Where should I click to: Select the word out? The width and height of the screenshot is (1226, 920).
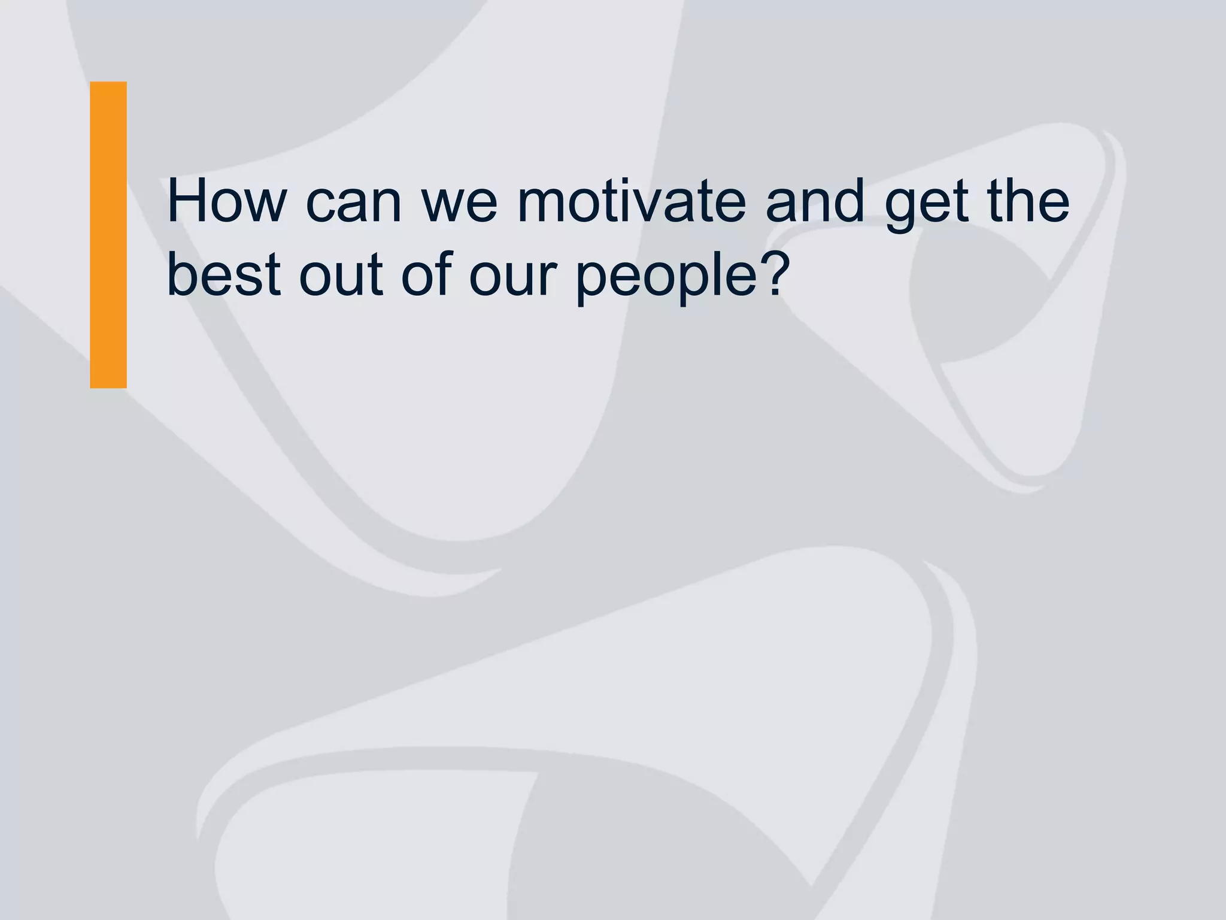coord(341,276)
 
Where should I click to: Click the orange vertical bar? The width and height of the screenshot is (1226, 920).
coord(108,235)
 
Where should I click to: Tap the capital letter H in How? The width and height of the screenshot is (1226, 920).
coord(186,201)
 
